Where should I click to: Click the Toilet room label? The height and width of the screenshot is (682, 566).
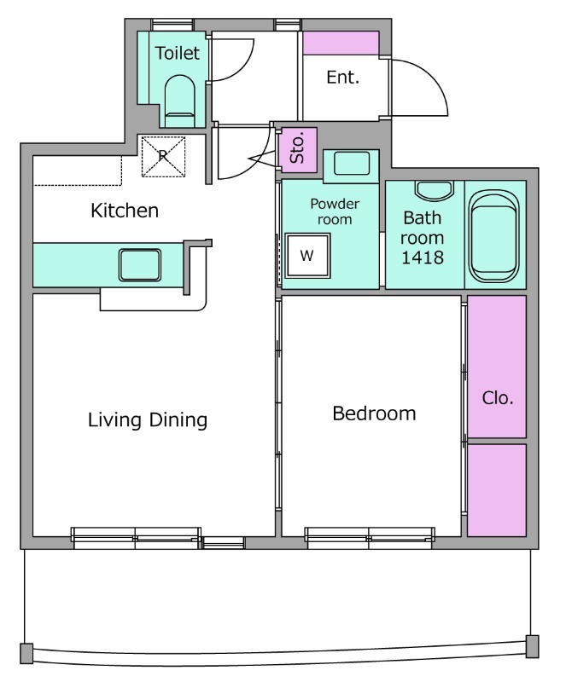point(178,53)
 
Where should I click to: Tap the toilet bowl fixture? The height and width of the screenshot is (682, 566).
point(179,101)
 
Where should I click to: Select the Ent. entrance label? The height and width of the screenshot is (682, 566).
point(343,78)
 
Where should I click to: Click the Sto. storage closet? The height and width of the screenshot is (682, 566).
point(298,150)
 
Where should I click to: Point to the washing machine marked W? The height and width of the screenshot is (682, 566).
point(307,255)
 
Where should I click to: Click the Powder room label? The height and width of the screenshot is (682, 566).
point(335,211)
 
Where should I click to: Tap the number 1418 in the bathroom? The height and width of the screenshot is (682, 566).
point(423,257)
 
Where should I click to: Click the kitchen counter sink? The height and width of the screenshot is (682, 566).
point(140,264)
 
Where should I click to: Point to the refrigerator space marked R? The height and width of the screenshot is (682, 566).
point(163,157)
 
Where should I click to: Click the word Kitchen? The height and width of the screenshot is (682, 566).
point(125,211)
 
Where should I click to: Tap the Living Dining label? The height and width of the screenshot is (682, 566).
point(148,420)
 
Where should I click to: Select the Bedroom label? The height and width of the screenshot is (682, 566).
point(374,413)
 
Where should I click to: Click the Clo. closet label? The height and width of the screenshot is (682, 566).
point(498,398)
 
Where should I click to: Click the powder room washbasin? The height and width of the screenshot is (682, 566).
point(352,164)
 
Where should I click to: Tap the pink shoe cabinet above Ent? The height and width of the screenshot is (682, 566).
point(341,43)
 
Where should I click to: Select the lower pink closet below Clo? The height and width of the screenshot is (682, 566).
point(497,490)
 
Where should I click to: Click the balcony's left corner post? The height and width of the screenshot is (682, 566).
point(26,653)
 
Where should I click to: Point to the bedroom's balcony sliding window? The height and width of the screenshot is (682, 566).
point(370,538)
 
